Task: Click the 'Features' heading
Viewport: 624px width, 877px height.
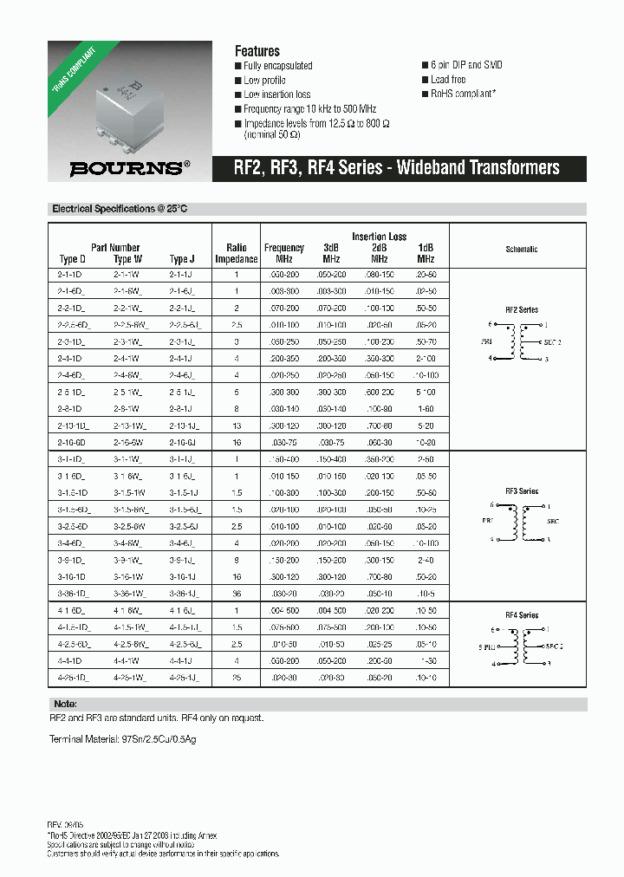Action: click(257, 51)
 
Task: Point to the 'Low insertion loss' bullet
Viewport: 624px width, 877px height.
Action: click(276, 94)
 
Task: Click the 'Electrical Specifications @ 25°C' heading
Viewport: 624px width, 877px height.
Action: click(120, 209)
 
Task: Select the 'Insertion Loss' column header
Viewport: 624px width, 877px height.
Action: click(379, 237)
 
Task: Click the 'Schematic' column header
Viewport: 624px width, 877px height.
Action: click(522, 249)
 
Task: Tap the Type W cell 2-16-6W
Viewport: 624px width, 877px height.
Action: click(127, 442)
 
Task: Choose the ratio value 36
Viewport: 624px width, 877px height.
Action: click(236, 594)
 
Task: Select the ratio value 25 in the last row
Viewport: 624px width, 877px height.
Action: click(236, 676)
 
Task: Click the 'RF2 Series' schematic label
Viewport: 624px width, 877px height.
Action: click(522, 309)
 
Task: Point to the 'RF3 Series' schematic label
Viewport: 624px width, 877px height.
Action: click(522, 491)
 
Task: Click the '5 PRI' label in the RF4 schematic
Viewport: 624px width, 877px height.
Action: click(488, 646)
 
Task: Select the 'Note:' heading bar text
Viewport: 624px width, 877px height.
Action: click(65, 704)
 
